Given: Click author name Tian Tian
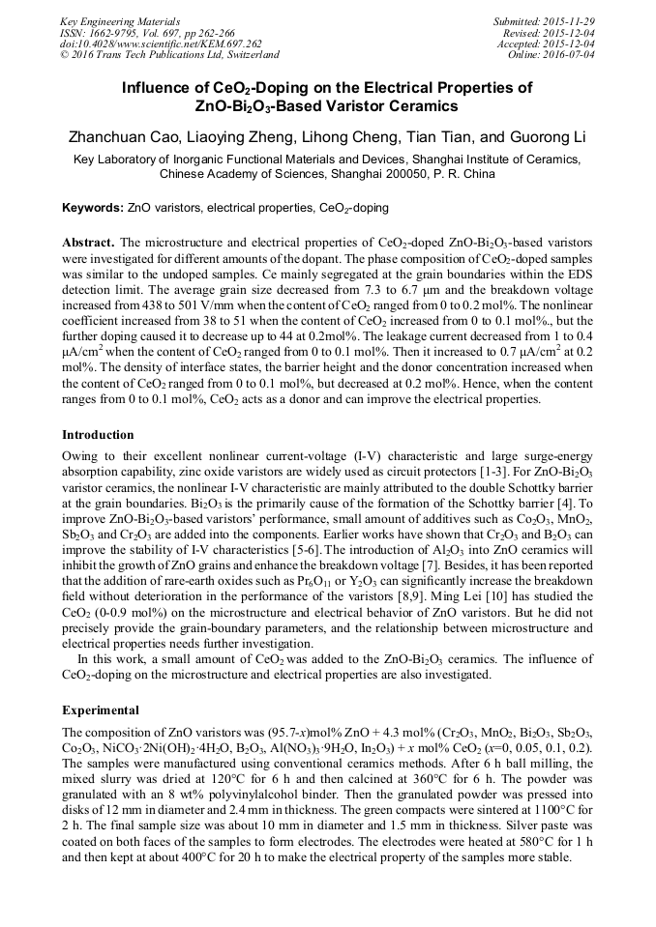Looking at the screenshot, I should pos(446,136).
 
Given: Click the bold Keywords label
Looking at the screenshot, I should pos(93,208).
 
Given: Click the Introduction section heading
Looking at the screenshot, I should pos(98,435).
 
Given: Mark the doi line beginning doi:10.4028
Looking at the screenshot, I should pos(161,43).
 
